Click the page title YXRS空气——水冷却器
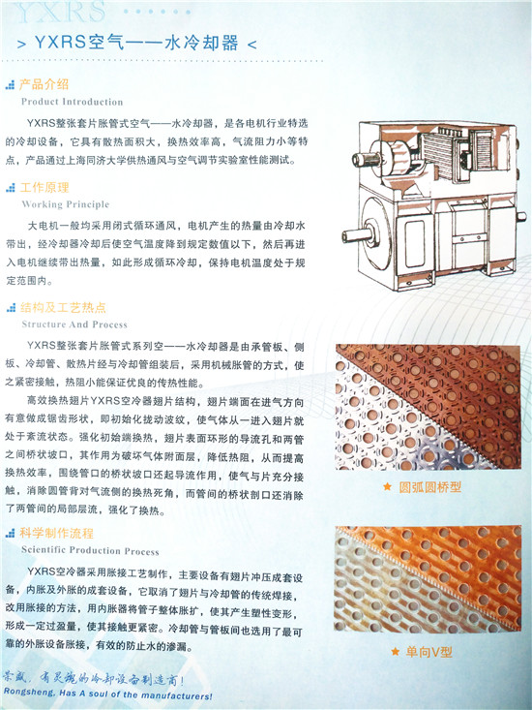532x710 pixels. pyautogui.click(x=136, y=43)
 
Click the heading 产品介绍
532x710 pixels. pyautogui.click(x=44, y=84)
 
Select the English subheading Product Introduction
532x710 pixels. pyautogui.click(x=72, y=102)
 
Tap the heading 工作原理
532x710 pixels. pyautogui.click(x=44, y=188)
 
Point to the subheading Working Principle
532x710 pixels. pyautogui.click(x=66, y=204)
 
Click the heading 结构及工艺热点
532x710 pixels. pyautogui.click(x=63, y=308)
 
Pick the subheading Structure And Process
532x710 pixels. pyautogui.click(x=74, y=324)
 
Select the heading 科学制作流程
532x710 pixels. pyautogui.click(x=56, y=533)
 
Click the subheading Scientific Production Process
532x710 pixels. pyautogui.click(x=90, y=551)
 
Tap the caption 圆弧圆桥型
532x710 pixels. pyautogui.click(x=429, y=487)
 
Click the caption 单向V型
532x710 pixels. pyautogui.click(x=429, y=652)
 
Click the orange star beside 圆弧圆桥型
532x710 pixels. pyautogui.click(x=387, y=487)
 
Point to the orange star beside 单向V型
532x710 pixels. pyautogui.click(x=395, y=652)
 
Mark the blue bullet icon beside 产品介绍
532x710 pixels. pyautogui.click(x=10, y=84)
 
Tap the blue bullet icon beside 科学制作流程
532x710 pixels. pyautogui.click(x=10, y=534)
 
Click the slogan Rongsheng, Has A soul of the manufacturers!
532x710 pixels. pyautogui.click(x=107, y=694)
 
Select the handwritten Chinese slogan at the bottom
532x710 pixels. pyautogui.click(x=94, y=679)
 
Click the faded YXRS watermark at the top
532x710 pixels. pyautogui.click(x=61, y=12)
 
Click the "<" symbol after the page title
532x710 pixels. pyautogui.click(x=252, y=45)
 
